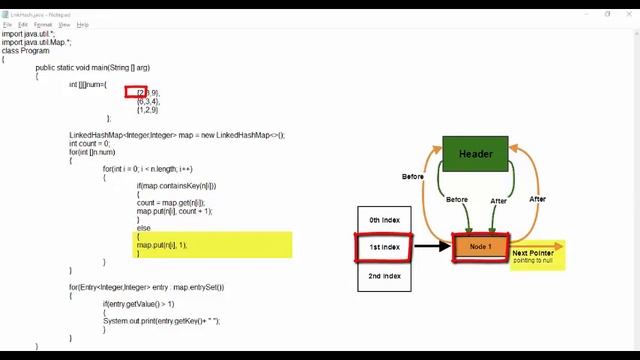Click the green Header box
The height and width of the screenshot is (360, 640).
(x=475, y=154)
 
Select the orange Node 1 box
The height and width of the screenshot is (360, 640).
(x=481, y=247)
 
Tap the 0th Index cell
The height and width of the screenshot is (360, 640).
(x=384, y=220)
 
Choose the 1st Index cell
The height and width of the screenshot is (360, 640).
(x=384, y=247)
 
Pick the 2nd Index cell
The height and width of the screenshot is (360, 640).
(x=384, y=276)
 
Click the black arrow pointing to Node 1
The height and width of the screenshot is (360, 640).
(x=431, y=246)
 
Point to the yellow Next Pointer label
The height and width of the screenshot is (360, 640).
(x=534, y=256)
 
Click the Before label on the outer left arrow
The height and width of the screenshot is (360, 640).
(x=412, y=177)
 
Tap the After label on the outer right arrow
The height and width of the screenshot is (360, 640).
(x=537, y=199)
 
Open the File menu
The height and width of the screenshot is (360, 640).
(x=7, y=24)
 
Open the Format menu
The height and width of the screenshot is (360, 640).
(x=42, y=24)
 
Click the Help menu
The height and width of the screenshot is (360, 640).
(x=82, y=24)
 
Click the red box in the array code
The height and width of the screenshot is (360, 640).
(x=137, y=92)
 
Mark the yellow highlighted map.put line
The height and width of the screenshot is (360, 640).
(x=162, y=245)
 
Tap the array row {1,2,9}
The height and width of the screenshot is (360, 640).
(x=147, y=110)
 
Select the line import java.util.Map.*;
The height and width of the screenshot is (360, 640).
(x=36, y=42)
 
